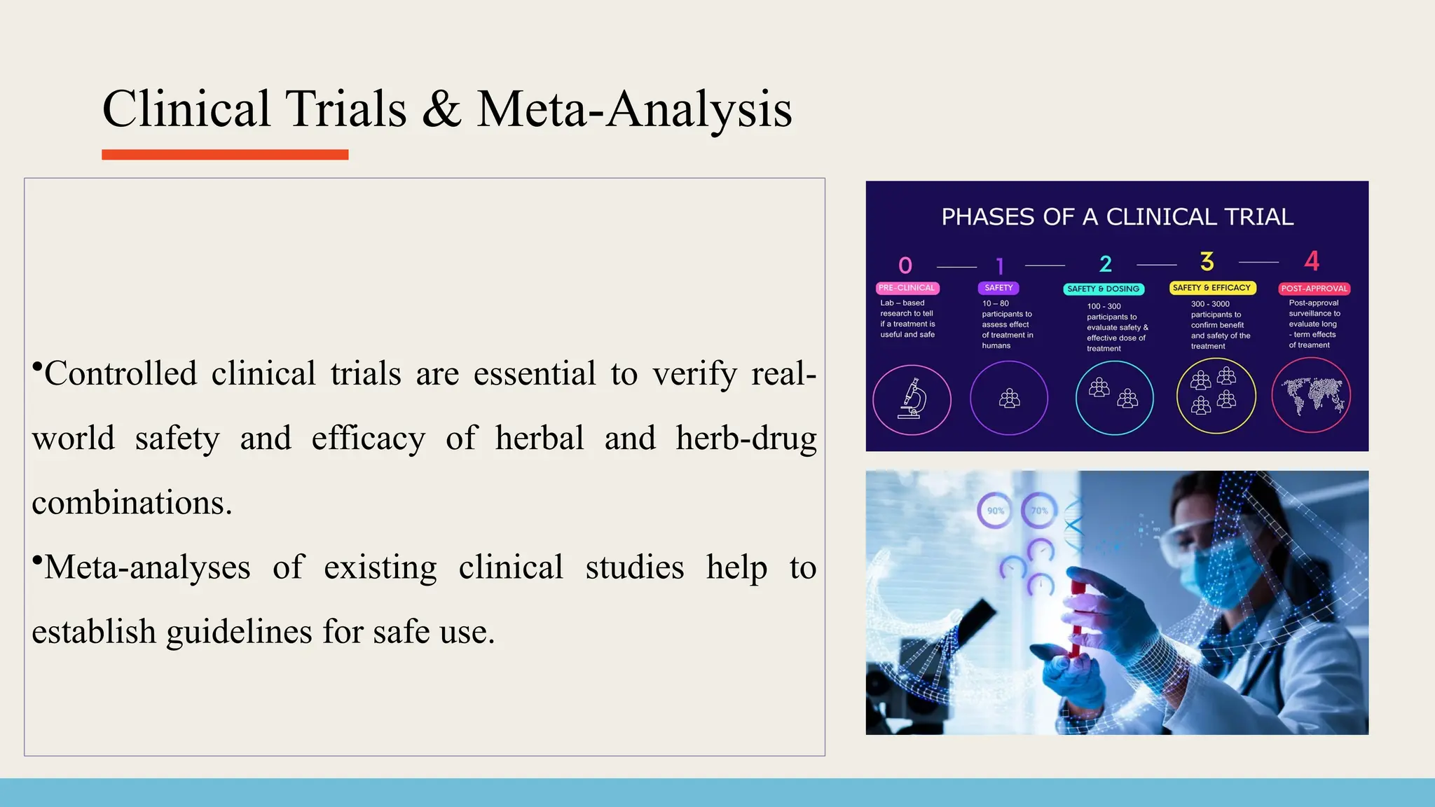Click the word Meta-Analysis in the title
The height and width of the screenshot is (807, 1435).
[634, 110]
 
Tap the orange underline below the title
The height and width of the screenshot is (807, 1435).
[225, 155]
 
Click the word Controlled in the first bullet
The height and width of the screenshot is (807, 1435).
[121, 373]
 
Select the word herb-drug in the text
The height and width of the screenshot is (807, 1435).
[746, 439]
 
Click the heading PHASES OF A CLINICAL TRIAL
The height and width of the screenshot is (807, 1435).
[1117, 217]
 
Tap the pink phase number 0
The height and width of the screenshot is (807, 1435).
[905, 265]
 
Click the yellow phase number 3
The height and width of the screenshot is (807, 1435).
[1207, 262]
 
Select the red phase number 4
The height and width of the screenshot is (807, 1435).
[1312, 261]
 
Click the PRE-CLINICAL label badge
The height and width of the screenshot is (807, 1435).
[907, 288]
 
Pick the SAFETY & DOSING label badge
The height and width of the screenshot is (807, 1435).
[1103, 289]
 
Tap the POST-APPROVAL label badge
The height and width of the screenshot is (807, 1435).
[1314, 289]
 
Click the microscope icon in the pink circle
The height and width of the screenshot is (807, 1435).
[912, 399]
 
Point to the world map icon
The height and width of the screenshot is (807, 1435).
[1311, 396]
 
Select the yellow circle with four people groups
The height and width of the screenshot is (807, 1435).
[1216, 396]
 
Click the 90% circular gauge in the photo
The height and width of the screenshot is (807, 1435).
[995, 511]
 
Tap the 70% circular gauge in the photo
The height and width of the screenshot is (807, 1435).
[1039, 511]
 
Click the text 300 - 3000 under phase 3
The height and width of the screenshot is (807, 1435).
[1210, 304]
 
